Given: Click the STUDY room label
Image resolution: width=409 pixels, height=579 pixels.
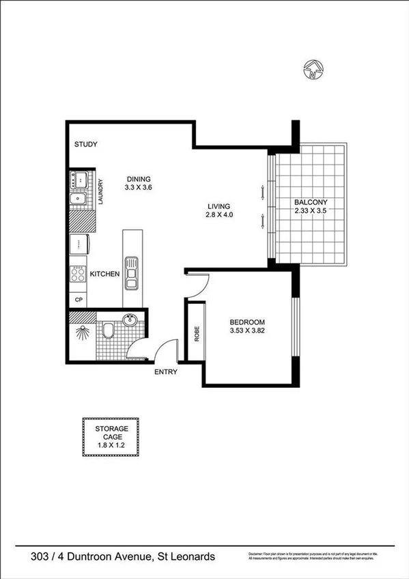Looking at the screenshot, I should coord(86,145).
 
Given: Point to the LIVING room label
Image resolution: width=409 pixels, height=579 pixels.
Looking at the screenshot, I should coord(219,206).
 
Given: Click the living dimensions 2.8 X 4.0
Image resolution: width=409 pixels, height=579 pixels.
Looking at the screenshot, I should coord(219,215).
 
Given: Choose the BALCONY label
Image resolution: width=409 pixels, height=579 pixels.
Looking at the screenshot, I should coord(311,202).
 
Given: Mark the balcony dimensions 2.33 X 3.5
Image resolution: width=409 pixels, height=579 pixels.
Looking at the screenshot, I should coord(311,211).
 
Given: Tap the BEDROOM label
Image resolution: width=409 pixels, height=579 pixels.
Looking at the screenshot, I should coord(247,322).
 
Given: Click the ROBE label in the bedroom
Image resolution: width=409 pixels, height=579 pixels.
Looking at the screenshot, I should coord(197,334).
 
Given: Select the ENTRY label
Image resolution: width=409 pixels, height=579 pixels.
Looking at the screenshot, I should coord(166,372).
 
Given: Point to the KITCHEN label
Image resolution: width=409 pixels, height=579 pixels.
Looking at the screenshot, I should coord(105,274).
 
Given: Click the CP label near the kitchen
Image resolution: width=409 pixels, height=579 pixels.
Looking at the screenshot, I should coord(79,300).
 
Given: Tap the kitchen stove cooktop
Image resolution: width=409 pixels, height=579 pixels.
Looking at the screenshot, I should coord(78,274).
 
